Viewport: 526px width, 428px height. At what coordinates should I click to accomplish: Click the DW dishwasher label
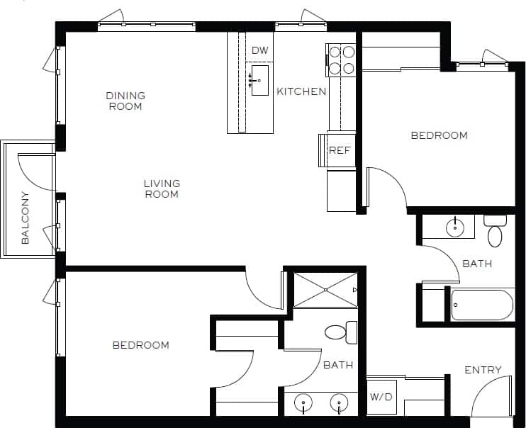(x=260, y=50)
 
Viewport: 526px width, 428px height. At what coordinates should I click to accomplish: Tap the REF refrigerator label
(x=340, y=150)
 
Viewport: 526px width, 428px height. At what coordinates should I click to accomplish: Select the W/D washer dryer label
(x=380, y=398)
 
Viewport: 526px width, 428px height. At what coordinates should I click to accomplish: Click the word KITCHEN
(x=301, y=91)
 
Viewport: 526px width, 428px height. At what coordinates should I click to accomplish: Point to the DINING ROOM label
(x=125, y=101)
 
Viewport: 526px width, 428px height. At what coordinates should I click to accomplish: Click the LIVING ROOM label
(x=162, y=188)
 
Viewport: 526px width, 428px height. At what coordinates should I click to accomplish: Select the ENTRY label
(x=483, y=370)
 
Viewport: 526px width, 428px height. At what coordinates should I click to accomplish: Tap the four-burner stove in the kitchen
(x=340, y=60)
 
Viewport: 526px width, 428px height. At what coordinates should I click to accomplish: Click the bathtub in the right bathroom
(x=482, y=305)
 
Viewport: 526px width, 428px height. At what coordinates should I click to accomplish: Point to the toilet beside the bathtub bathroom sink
(x=495, y=231)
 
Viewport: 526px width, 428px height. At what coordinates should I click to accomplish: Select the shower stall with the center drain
(x=325, y=290)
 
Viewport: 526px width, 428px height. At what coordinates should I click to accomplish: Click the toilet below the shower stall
(x=340, y=331)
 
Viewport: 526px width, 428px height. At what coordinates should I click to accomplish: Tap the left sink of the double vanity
(x=303, y=404)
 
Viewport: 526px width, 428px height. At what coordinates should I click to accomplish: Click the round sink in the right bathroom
(x=454, y=227)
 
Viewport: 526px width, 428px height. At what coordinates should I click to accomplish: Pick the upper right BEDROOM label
(x=439, y=135)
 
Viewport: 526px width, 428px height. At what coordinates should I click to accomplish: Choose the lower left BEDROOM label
(x=141, y=345)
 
